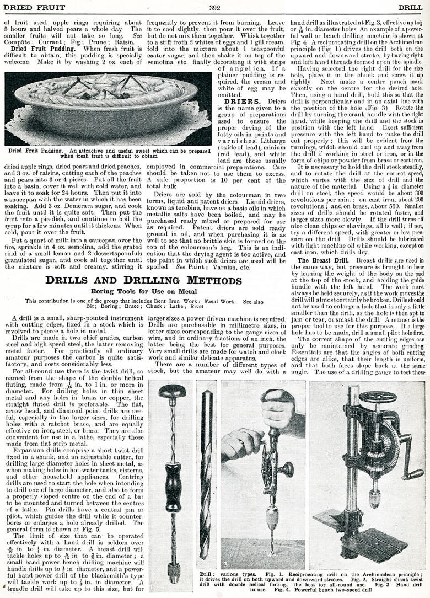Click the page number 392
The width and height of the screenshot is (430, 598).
pyautogui.click(x=214, y=7)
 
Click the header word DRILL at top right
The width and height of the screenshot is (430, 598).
pyautogui.click(x=410, y=7)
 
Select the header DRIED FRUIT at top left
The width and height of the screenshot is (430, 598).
pyautogui.click(x=34, y=7)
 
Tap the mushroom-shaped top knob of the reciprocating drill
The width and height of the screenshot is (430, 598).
pyautogui.click(x=173, y=392)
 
